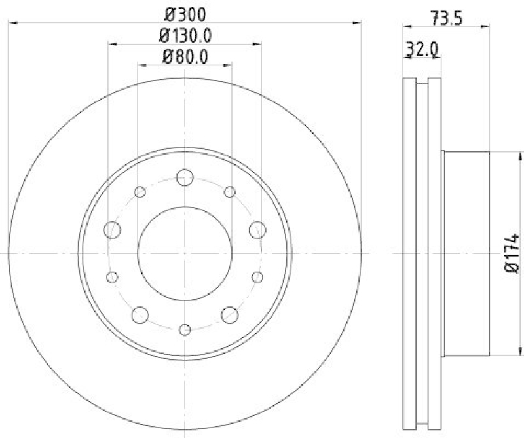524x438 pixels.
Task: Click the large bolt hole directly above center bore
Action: pos(185,177)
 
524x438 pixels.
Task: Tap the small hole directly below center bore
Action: pos(185,329)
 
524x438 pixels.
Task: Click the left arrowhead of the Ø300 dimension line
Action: pos(11,23)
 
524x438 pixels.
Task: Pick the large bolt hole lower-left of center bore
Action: pos(140,316)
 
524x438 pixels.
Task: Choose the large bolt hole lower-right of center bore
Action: pos(229,316)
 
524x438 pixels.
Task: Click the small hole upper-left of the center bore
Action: pos(140,192)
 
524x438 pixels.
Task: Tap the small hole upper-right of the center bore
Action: pos(229,192)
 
